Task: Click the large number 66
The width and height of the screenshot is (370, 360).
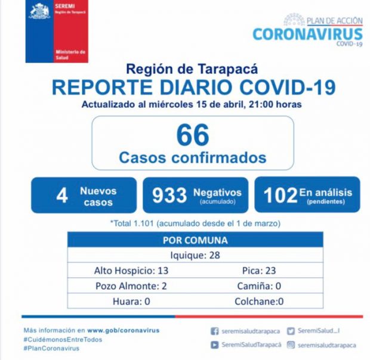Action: pyautogui.click(x=193, y=135)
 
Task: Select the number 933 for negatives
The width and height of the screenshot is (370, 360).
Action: pyautogui.click(x=169, y=195)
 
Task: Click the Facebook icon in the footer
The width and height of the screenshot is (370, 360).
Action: pyautogui.click(x=214, y=331)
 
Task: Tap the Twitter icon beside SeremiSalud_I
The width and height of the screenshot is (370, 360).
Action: pyautogui.click(x=291, y=331)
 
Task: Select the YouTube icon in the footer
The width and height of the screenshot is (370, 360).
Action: pyautogui.click(x=214, y=345)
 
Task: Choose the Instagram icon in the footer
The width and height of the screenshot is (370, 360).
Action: pyautogui.click(x=291, y=345)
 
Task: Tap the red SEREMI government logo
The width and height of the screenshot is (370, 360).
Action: pyautogui.click(x=57, y=32)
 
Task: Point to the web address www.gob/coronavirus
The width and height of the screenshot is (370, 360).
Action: pyautogui.click(x=123, y=330)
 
